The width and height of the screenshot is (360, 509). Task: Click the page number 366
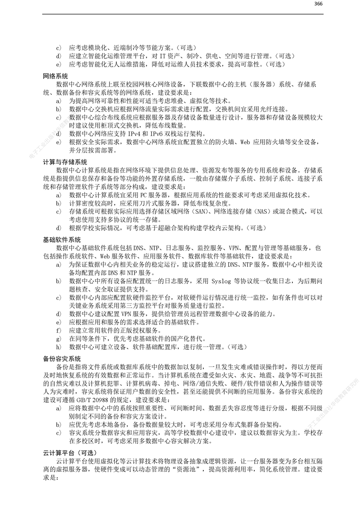pyautogui.click(x=318, y=4)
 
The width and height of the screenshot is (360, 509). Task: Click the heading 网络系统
pyautogui.click(x=55, y=76)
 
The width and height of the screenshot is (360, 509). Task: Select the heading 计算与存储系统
pyautogui.click(x=65, y=162)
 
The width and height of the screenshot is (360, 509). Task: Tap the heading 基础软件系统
pyautogui.click(x=62, y=239)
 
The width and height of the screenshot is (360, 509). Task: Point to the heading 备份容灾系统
pyautogui.click(x=62, y=358)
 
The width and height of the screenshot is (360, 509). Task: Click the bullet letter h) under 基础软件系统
pyautogui.click(x=58, y=347)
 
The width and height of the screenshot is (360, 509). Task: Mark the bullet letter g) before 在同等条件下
pyautogui.click(x=58, y=339)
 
